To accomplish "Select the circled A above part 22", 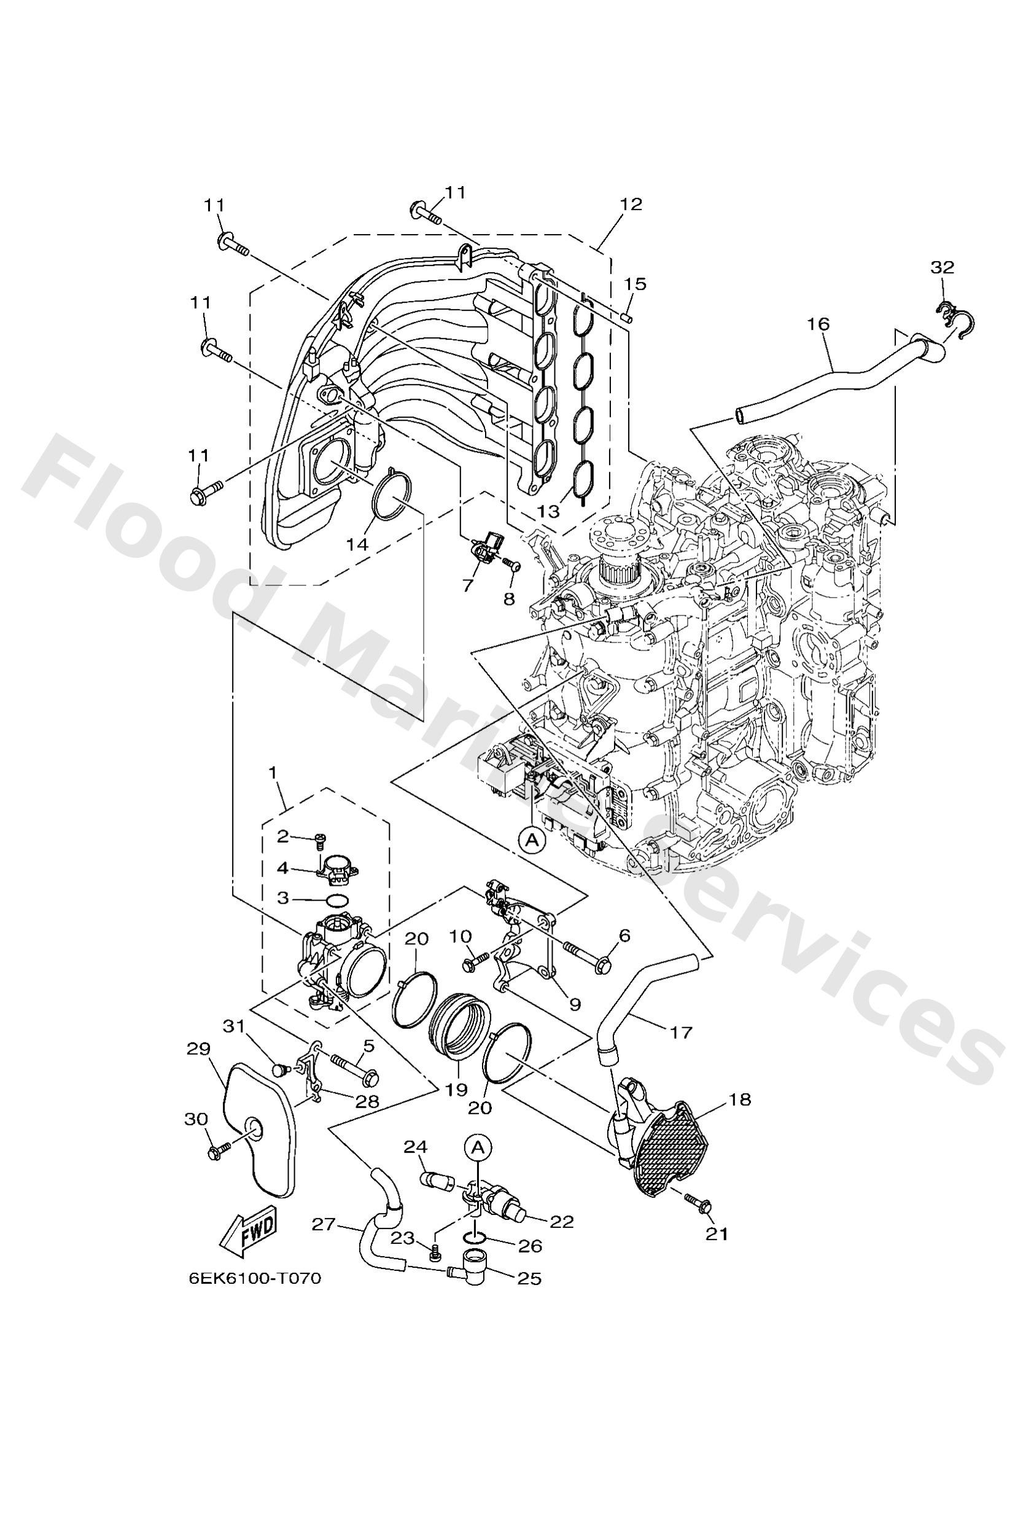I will [x=478, y=1147].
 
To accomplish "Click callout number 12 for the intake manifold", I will [x=631, y=204].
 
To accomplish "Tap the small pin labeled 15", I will [x=627, y=318].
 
